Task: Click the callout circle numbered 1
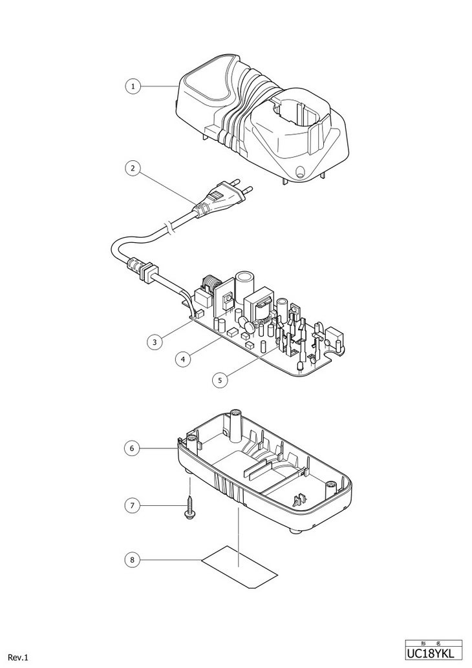(x=132, y=86)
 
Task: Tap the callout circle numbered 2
(x=132, y=168)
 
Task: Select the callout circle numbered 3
(x=153, y=341)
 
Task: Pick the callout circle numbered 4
(x=186, y=359)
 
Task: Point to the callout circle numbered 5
(x=220, y=380)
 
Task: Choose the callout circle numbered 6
(x=132, y=447)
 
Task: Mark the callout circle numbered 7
(x=132, y=504)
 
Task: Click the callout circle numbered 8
(x=132, y=559)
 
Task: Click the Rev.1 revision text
(x=18, y=658)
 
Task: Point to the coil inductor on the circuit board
(x=212, y=286)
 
